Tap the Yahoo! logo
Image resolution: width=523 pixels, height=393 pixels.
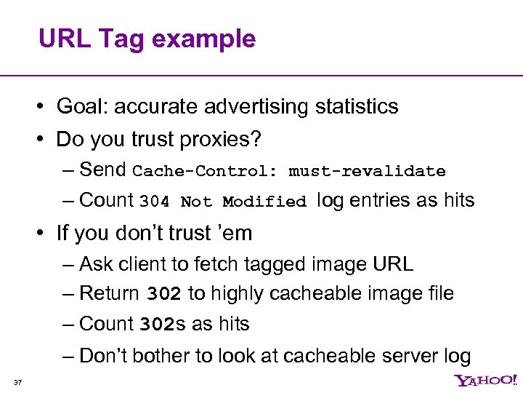click(x=486, y=381)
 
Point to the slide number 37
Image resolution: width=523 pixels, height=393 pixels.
click(x=18, y=383)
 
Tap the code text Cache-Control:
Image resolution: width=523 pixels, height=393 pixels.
click(x=206, y=172)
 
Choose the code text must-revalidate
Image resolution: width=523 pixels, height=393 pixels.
click(x=367, y=172)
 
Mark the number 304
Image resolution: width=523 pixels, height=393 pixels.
click(x=154, y=202)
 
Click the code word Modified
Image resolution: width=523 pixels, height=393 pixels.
click(x=264, y=202)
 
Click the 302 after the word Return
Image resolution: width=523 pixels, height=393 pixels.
click(x=163, y=294)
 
